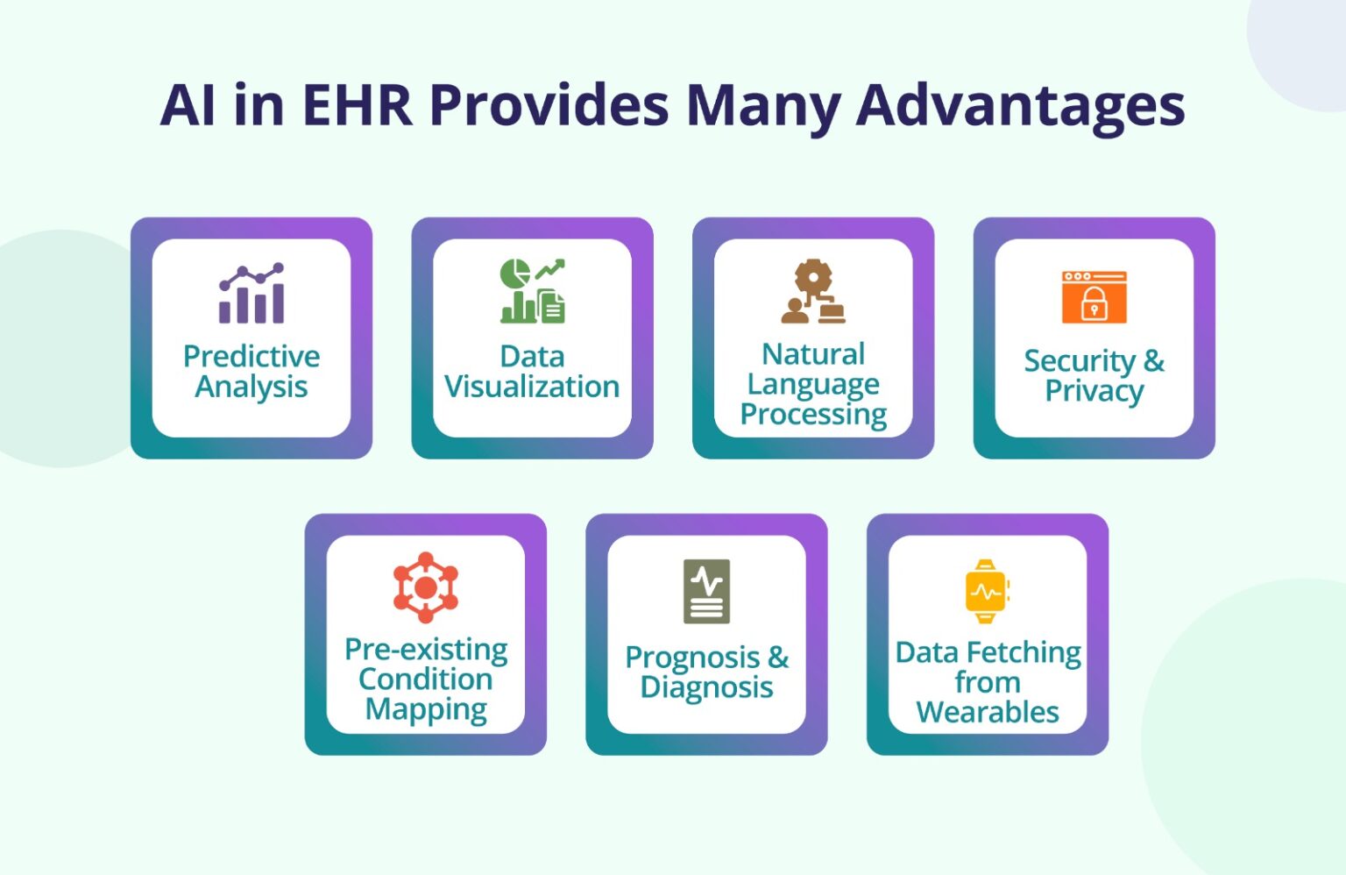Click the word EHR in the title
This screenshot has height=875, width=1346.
(357, 105)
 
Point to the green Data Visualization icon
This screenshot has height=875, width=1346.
(532, 291)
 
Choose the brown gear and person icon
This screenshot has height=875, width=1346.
(813, 291)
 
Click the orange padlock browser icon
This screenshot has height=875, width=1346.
(1094, 297)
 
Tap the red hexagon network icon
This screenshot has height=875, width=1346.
(426, 587)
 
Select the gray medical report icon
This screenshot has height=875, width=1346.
(706, 591)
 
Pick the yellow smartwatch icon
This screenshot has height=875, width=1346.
(987, 591)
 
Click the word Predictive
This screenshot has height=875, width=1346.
(251, 356)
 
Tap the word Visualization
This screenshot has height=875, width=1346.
(532, 387)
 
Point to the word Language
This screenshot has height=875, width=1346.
(813, 384)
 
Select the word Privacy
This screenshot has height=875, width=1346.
(1094, 391)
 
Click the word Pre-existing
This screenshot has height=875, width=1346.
(426, 649)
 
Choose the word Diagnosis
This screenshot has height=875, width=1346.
(706, 687)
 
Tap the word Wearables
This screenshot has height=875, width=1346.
(988, 712)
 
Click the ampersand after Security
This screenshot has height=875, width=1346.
(1153, 360)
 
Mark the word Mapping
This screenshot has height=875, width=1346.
(426, 709)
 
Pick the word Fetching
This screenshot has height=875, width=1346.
(1024, 653)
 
